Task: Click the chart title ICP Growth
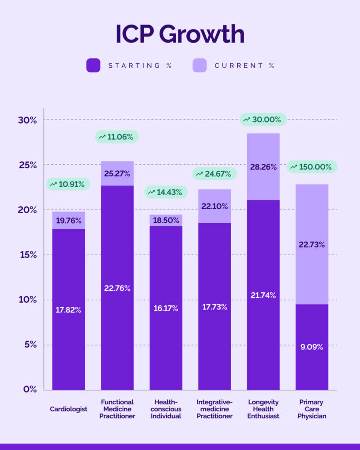point(180,34)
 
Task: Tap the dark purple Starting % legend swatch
point(94,65)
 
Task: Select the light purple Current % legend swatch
point(200,65)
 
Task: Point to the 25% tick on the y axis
point(27,165)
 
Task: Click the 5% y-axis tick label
point(29,345)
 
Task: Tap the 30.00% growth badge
point(263,119)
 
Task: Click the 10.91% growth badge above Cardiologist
point(68,184)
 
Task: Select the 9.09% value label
point(311,347)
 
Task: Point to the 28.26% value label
point(263,167)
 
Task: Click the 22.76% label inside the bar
point(117,288)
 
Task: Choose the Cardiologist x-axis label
point(68,409)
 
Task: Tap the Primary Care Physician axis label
point(312,409)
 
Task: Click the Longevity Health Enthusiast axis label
point(263,409)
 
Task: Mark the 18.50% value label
point(166,221)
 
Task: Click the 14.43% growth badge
point(166,192)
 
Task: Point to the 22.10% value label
point(215,206)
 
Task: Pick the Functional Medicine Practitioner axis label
point(117,409)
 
